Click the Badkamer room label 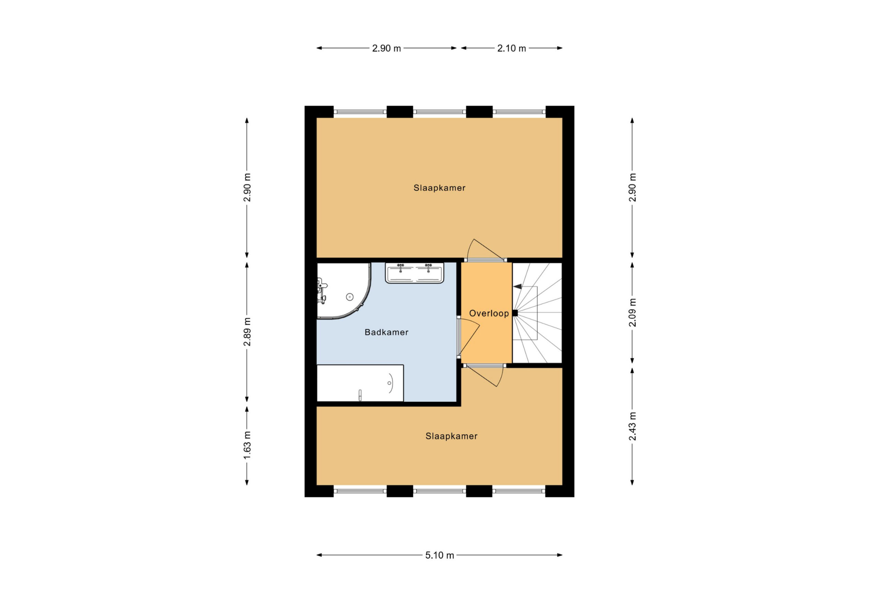coord(386,332)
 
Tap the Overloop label coord(489,313)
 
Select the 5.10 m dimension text coord(439,555)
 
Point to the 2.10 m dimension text coord(511,48)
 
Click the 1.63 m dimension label coord(247,446)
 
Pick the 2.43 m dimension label coord(632,426)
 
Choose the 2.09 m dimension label coord(632,313)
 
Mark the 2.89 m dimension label coord(247,332)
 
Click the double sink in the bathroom coord(414,273)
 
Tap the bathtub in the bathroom coord(360,383)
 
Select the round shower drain coord(350,297)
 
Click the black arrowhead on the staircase coord(517,287)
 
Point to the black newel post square coord(515,313)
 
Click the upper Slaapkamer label coord(439,188)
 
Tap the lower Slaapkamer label coord(451,436)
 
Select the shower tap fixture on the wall coord(321,291)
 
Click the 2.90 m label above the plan coord(386,48)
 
